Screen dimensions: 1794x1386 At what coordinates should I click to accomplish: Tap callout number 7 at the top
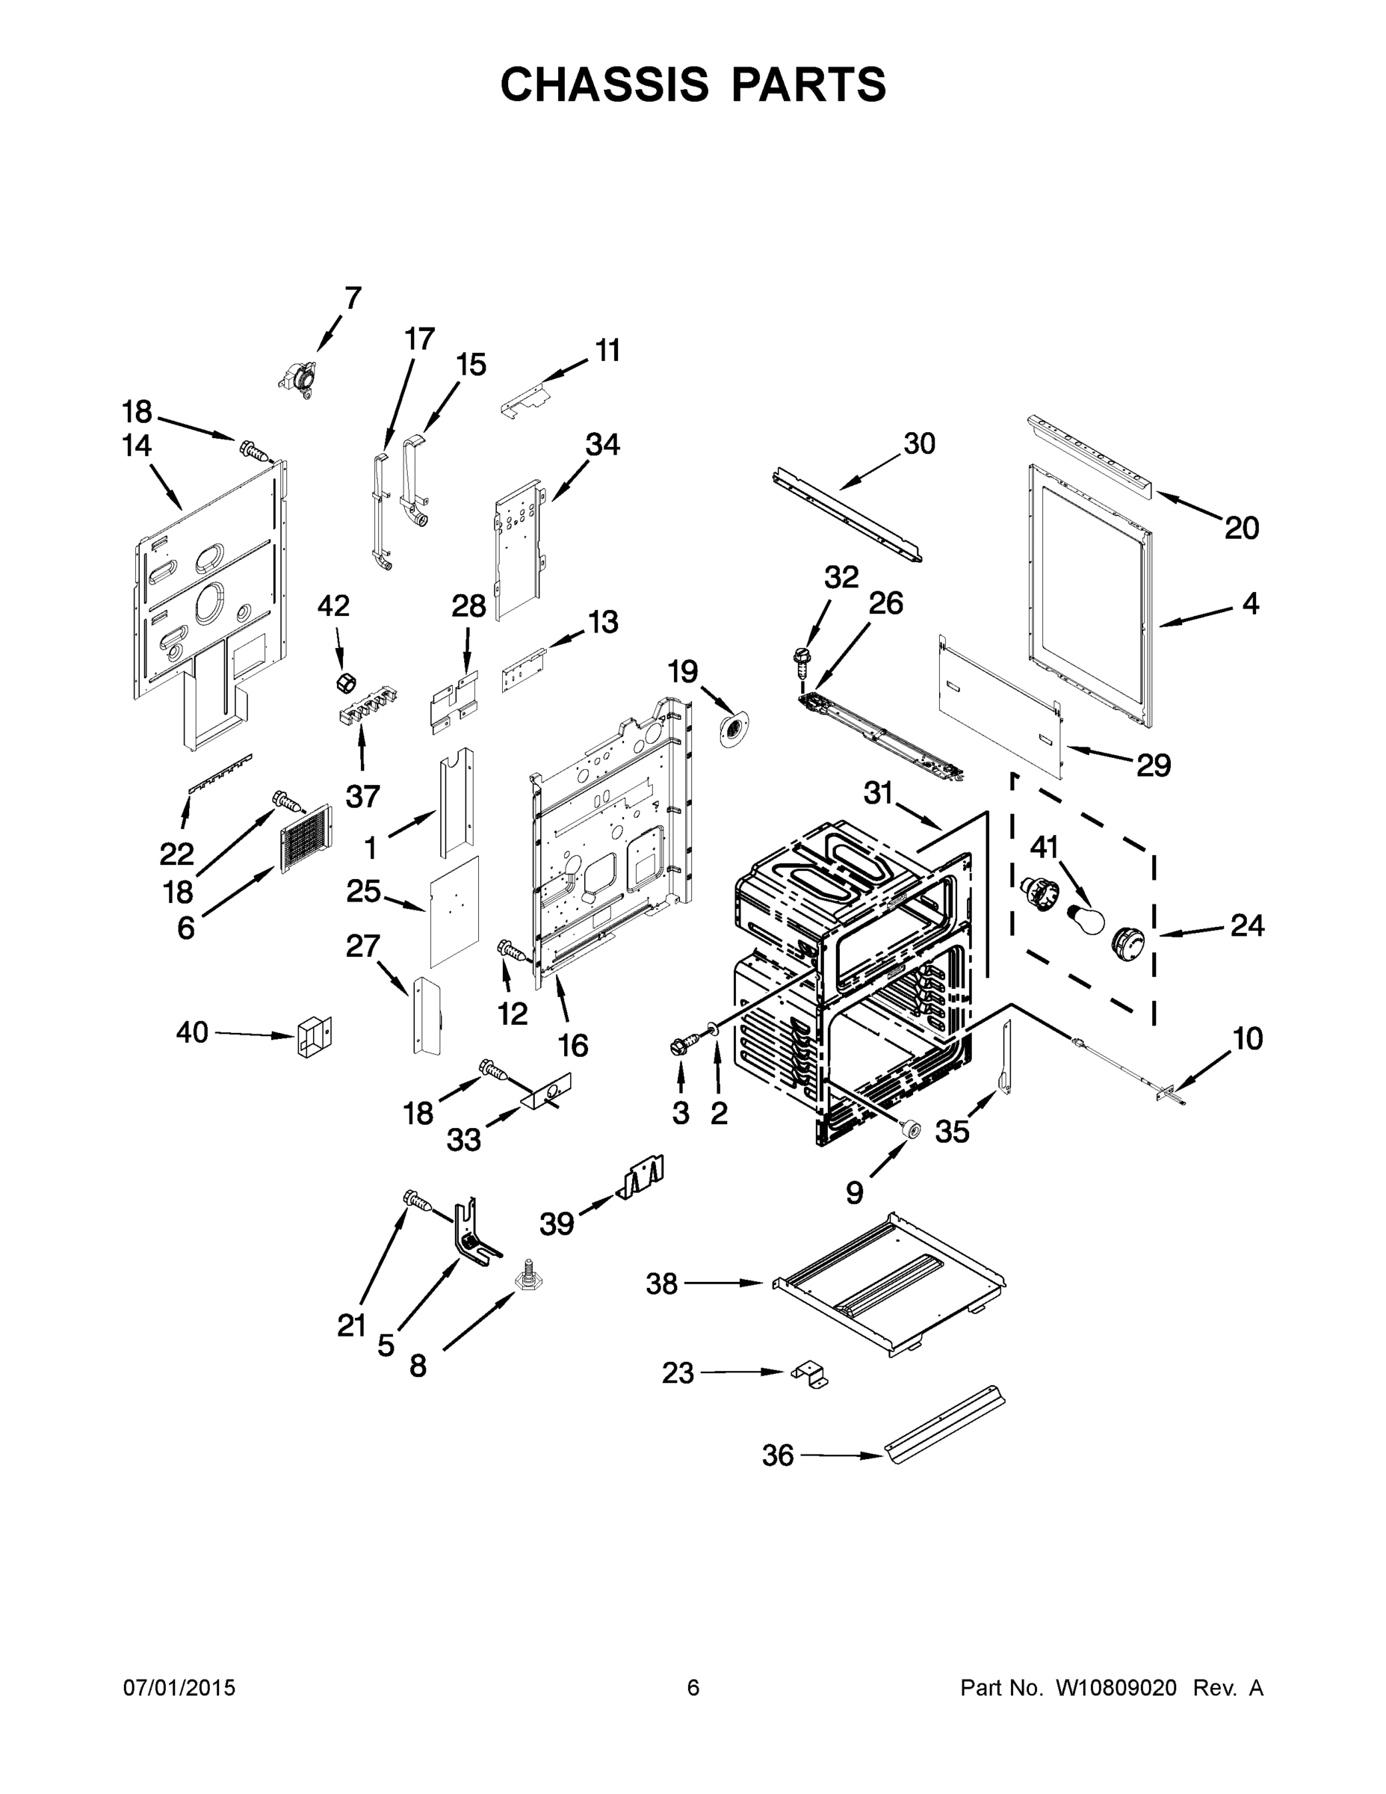(352, 298)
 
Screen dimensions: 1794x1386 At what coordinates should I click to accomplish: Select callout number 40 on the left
(192, 1032)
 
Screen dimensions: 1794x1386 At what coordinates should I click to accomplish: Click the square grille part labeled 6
(306, 838)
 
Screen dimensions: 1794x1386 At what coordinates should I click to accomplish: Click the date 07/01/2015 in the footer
(179, 1687)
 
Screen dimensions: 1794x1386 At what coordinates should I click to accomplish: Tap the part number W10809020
(1115, 1687)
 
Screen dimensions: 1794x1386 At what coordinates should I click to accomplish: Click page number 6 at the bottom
(693, 1687)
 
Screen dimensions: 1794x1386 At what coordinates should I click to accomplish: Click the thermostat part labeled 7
(300, 381)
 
